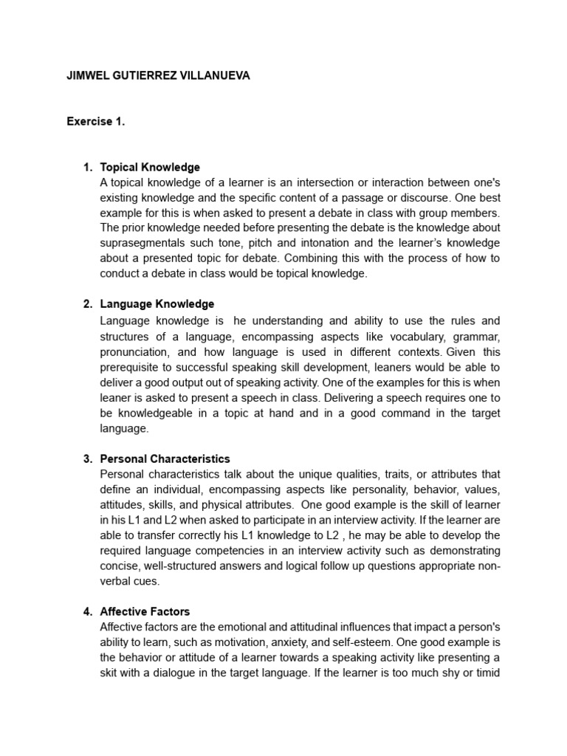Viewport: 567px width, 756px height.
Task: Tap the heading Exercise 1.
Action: tap(96, 123)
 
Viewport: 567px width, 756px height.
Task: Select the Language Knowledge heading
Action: tap(157, 303)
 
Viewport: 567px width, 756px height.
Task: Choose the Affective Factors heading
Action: tap(145, 611)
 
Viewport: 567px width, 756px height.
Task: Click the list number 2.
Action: tap(87, 303)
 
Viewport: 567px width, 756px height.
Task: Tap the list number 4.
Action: tap(87, 611)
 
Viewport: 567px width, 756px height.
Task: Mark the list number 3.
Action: tap(87, 458)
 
